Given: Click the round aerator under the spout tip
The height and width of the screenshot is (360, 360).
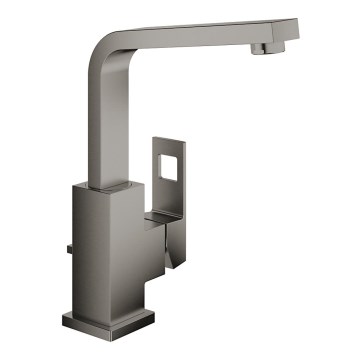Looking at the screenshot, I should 261,48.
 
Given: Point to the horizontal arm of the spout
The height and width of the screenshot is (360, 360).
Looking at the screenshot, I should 200,28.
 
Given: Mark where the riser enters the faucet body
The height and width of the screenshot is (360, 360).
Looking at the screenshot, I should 105,183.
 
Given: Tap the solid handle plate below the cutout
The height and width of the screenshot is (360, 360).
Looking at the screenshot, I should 173,195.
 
